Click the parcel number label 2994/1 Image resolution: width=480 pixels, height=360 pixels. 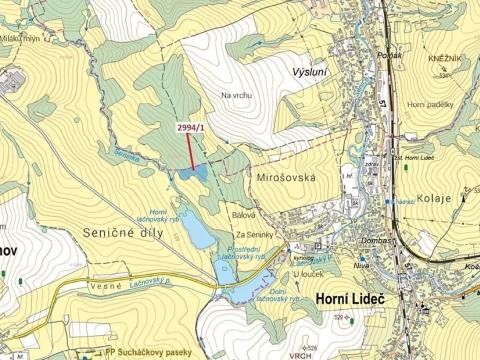coord(190,127)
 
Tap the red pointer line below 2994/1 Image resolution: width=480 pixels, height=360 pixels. coord(191,151)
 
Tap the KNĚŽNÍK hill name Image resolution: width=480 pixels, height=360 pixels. coord(447,60)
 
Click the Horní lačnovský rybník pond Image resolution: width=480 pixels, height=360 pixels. coord(196,233)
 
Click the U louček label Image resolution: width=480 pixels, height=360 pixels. coord(311,271)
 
